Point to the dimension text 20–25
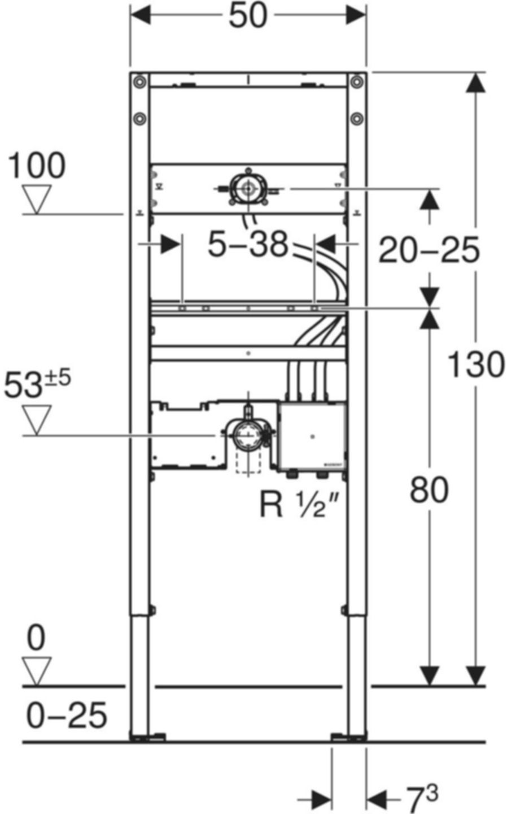(429, 250)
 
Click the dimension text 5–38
(248, 245)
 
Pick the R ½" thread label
(294, 504)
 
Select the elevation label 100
(37, 166)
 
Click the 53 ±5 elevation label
(37, 386)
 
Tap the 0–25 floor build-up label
(67, 715)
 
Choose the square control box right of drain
(312, 435)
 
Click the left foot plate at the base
(147, 737)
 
